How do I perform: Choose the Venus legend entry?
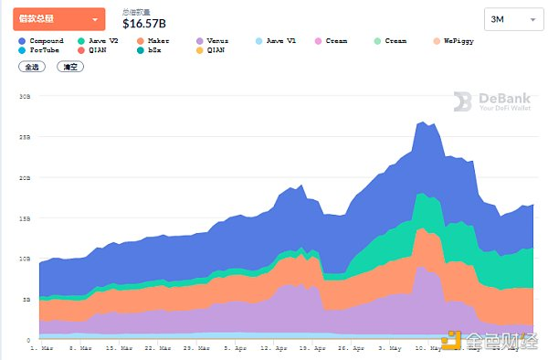tap(216, 41)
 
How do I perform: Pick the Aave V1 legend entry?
tap(278, 41)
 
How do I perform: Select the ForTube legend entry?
tap(42, 51)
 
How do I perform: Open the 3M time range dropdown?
tap(511, 18)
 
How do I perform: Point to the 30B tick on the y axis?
tap(26, 96)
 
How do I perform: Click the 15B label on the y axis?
tap(26, 217)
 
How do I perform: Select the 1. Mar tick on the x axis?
tap(41, 348)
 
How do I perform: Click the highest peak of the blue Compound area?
tap(423, 121)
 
